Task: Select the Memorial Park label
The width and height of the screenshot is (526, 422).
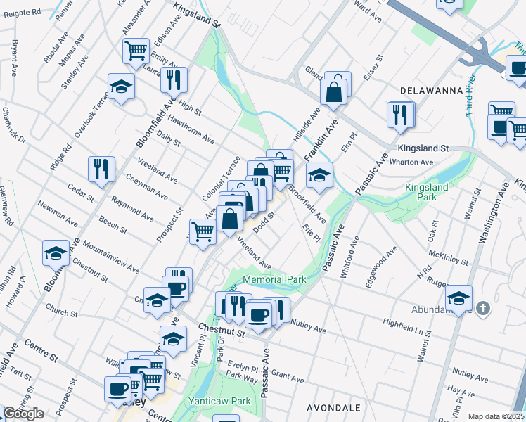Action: coord(274,279)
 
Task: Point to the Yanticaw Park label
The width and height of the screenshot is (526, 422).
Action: coord(220,401)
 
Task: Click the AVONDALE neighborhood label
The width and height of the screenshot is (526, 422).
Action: coord(334,408)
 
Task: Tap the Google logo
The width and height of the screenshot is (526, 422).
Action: coord(23,414)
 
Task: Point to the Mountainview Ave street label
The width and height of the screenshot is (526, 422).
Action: coord(110,255)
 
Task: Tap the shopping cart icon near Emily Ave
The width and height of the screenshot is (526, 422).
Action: coord(136,50)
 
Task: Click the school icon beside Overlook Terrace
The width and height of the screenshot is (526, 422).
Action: coord(121,87)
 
